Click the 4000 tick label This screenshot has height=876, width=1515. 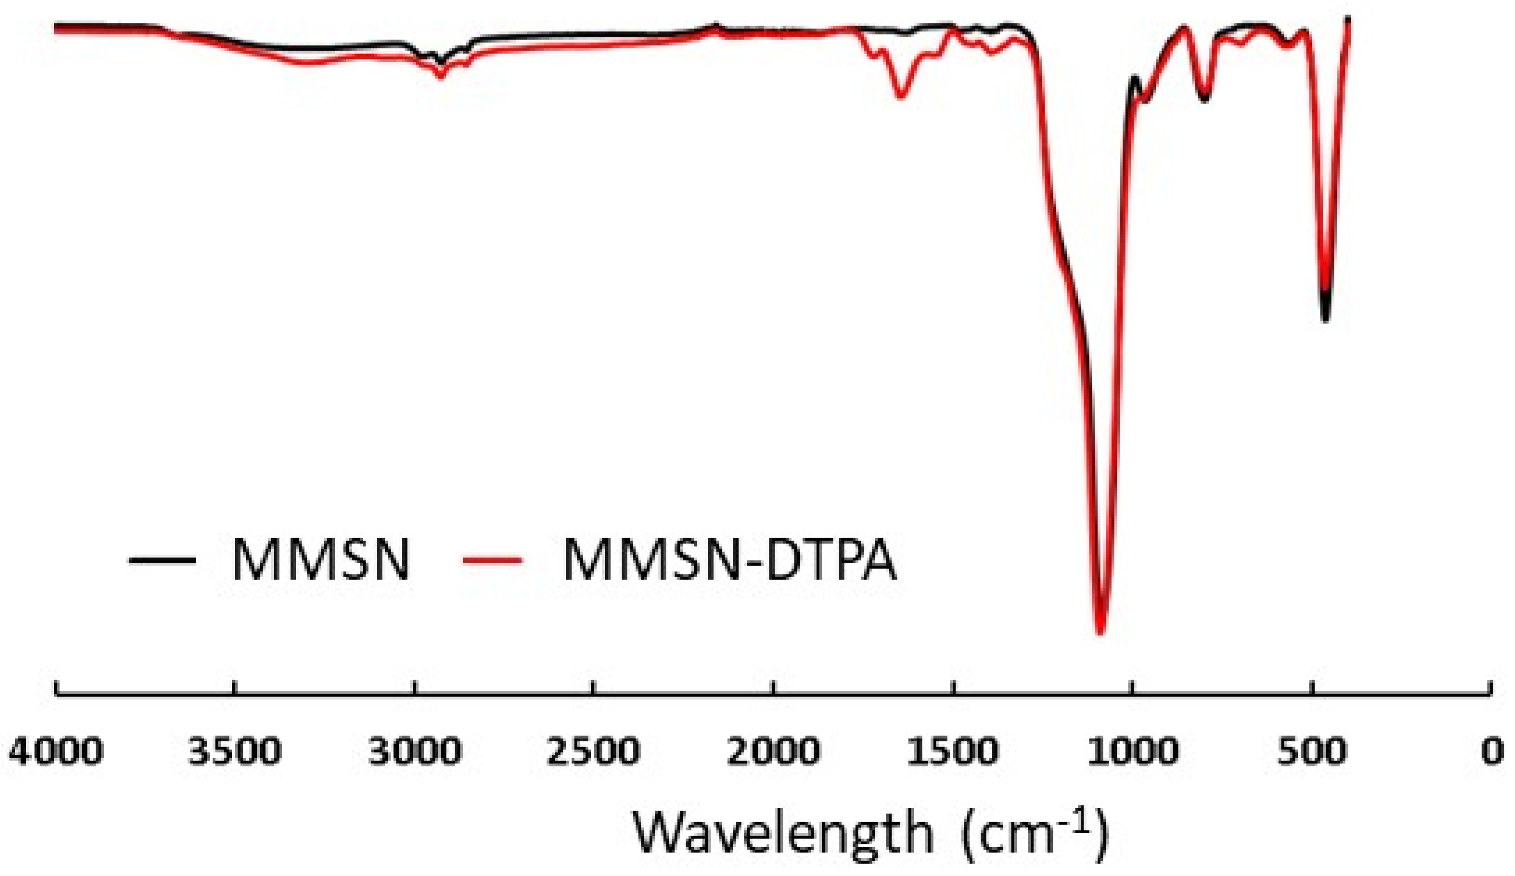(56, 751)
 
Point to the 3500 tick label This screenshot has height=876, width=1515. (234, 751)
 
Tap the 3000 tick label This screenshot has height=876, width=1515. (415, 751)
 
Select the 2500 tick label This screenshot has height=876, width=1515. (593, 751)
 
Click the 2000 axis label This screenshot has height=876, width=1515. (773, 751)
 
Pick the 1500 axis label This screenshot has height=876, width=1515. (952, 751)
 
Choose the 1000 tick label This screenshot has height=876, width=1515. (1133, 751)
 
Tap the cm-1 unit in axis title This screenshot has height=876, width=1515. (1034, 833)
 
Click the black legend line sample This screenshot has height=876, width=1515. (163, 560)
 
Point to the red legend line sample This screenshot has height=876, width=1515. (493, 560)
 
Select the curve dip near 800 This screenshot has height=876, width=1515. (1204, 99)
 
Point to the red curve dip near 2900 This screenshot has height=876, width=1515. (441, 75)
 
